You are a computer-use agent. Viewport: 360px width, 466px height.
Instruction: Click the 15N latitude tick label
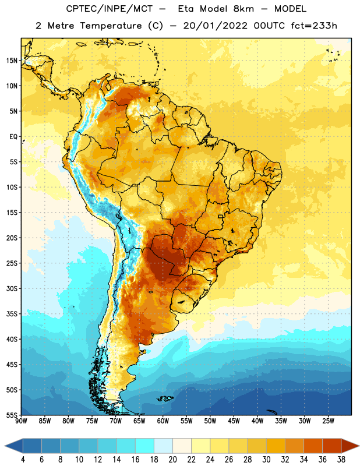click(x=12, y=61)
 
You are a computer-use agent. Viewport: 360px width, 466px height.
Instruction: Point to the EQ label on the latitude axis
click(x=13, y=137)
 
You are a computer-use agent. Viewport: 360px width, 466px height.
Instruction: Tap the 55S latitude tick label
click(x=12, y=415)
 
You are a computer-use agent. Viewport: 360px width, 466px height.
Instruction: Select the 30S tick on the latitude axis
click(x=12, y=288)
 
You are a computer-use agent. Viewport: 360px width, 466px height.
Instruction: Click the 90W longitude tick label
click(x=21, y=421)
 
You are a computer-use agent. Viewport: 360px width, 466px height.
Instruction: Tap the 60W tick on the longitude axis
click(x=163, y=421)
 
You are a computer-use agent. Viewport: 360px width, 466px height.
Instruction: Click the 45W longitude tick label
click(x=234, y=421)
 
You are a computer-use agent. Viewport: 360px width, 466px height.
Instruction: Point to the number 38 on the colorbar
click(x=341, y=460)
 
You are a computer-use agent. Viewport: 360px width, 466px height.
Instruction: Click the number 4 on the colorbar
click(x=23, y=460)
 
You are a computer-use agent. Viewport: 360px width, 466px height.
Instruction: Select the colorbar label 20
click(x=172, y=460)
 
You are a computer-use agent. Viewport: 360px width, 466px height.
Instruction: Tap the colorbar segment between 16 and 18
click(x=144, y=447)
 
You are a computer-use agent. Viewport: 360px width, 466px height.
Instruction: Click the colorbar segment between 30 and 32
click(x=276, y=447)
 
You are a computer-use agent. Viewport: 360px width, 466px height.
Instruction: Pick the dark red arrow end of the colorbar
click(x=350, y=447)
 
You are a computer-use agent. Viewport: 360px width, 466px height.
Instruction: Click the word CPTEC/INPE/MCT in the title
click(x=109, y=9)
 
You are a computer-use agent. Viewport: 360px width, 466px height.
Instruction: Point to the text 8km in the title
click(x=243, y=9)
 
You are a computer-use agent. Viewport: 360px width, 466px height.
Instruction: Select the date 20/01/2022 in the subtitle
click(x=215, y=26)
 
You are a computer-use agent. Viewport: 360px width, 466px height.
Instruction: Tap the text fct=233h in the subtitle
click(x=314, y=26)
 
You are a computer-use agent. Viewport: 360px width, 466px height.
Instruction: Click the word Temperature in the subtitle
click(x=111, y=26)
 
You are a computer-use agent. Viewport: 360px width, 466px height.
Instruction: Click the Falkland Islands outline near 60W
click(x=165, y=398)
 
